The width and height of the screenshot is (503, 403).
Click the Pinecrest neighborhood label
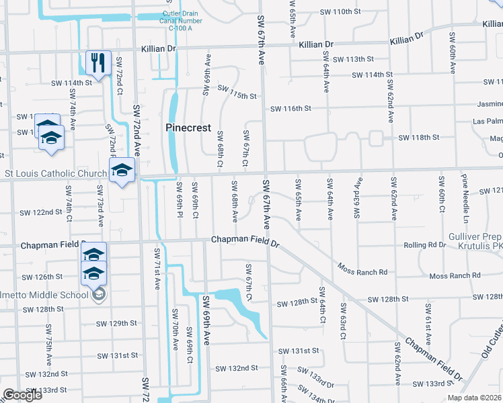[188, 128]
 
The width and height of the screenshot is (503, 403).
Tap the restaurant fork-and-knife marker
[98, 64]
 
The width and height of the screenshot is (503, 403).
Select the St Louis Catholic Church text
[56, 173]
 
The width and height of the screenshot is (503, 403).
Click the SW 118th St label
[418, 138]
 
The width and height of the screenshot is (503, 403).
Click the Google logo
[22, 395]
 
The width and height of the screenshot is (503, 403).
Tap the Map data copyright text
[473, 398]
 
